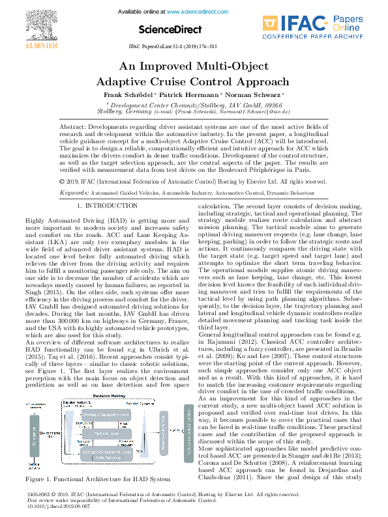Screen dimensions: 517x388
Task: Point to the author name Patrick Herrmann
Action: point(190,94)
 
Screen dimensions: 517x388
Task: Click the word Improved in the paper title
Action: point(176,67)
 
